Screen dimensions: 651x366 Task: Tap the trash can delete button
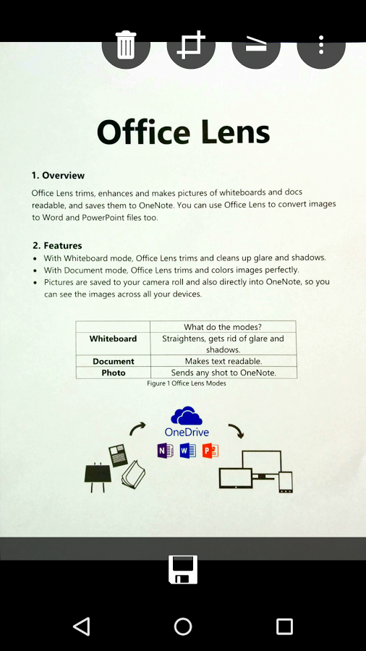126,46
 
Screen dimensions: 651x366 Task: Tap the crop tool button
191,46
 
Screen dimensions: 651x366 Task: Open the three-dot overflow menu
321,46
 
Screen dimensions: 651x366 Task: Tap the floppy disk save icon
183,569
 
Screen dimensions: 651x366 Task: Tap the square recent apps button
284,626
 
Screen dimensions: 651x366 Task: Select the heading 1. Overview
58,176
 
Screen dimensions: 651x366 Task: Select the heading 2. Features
57,246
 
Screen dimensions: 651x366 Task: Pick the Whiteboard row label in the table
113,339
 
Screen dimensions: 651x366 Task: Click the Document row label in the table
113,361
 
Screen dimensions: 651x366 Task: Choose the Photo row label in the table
113,373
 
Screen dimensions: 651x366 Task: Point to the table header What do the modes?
222,327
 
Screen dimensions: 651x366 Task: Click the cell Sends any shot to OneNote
222,373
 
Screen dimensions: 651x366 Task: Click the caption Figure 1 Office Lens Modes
186,383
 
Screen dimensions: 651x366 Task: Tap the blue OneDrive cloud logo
187,417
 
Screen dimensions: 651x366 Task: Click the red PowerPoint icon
210,451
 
